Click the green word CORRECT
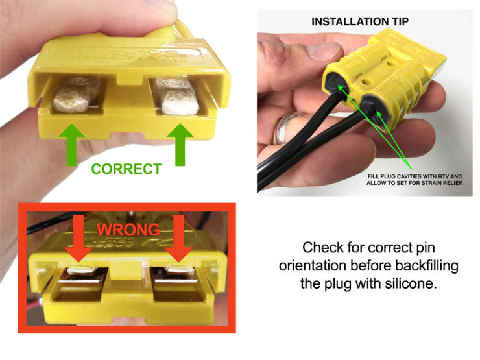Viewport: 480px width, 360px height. tap(126, 169)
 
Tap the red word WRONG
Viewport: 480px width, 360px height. tap(128, 230)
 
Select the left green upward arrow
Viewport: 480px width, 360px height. tap(71, 145)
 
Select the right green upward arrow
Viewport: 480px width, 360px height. tap(180, 145)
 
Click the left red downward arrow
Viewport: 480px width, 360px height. tap(78, 238)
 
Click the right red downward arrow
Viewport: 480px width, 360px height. tap(178, 238)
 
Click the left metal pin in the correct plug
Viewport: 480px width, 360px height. tap(76, 95)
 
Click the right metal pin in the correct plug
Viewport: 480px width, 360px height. tap(178, 97)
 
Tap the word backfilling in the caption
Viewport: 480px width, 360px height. tap(427, 266)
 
